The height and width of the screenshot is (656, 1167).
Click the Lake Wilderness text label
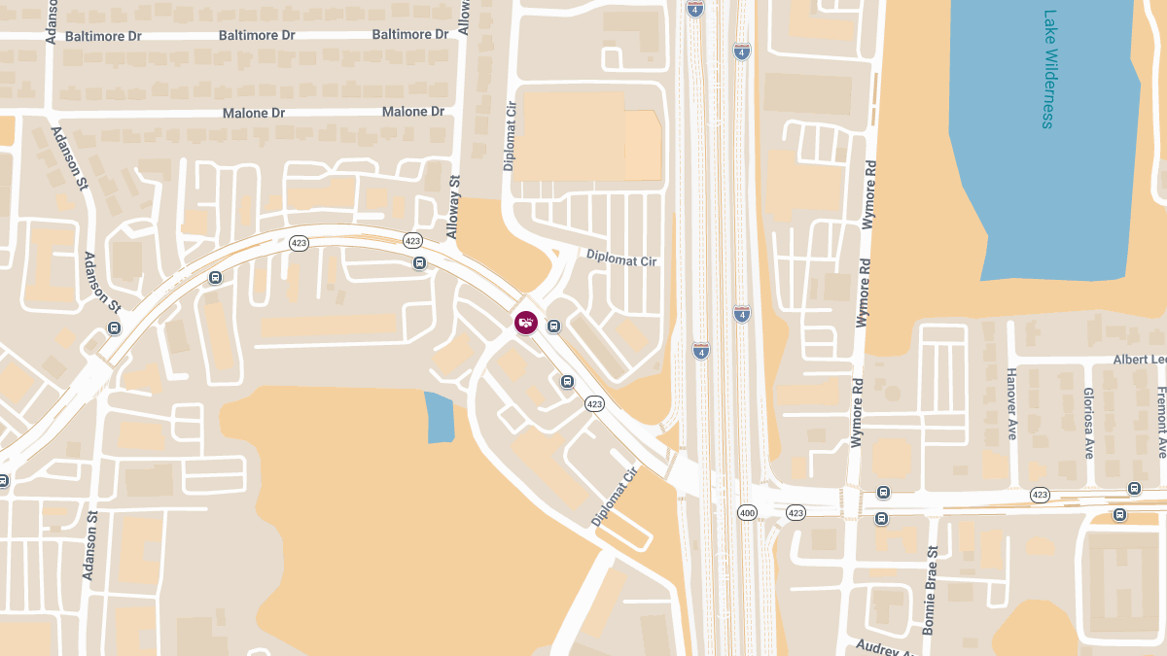click(x=1048, y=69)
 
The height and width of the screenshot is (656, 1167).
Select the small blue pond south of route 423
click(x=440, y=417)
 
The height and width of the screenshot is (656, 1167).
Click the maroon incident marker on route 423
click(x=526, y=323)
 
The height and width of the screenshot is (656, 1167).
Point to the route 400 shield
click(x=747, y=512)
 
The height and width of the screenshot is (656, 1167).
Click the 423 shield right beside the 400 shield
click(x=796, y=512)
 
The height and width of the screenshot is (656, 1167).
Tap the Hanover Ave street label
click(x=1011, y=403)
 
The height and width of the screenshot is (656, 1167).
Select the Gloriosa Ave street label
click(x=1088, y=423)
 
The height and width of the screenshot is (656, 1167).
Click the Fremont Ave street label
click(x=1161, y=421)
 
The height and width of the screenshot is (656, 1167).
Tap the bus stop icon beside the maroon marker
click(x=553, y=326)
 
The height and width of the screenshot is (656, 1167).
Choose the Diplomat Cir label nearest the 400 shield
click(x=613, y=497)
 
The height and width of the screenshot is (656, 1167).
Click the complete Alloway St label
click(x=453, y=206)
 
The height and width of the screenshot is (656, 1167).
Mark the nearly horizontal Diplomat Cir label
click(x=621, y=258)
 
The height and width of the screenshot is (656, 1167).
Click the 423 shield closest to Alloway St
click(x=412, y=240)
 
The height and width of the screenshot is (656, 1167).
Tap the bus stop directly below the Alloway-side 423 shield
click(x=419, y=263)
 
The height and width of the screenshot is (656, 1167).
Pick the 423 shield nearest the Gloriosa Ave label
click(x=1040, y=495)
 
